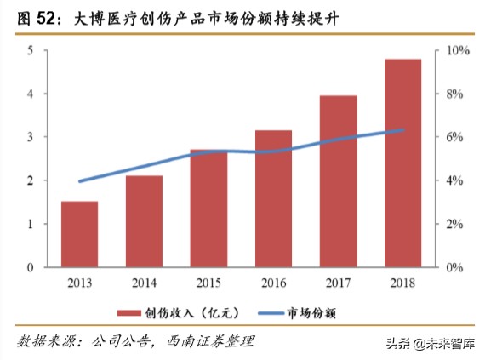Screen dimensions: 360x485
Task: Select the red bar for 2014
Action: pyautogui.click(x=144, y=221)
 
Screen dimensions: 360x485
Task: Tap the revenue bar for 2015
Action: pyautogui.click(x=208, y=209)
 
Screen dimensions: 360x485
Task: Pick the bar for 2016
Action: pyautogui.click(x=274, y=199)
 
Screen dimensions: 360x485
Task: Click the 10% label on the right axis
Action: pyautogui.click(x=458, y=50)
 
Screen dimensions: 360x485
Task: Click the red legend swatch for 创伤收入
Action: pyautogui.click(x=134, y=312)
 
